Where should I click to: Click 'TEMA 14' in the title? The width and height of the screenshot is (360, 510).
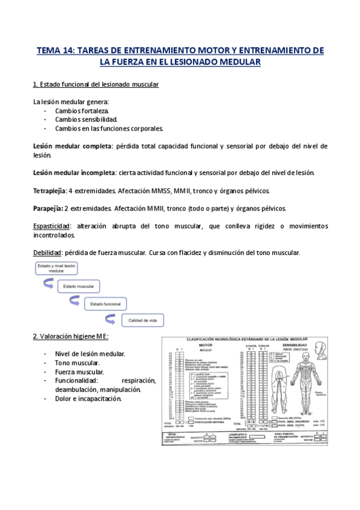pos(53,50)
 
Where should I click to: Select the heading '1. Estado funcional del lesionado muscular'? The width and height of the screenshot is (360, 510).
pos(96,84)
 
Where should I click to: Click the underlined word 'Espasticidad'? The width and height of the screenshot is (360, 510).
pos(51,226)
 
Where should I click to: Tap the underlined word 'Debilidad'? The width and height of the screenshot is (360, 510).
pos(46,252)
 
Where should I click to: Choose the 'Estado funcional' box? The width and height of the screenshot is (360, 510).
pos(106,304)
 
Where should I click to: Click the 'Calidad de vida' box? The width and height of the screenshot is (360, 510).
pos(142,321)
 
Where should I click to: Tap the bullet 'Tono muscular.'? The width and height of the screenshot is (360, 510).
pos(78,363)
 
